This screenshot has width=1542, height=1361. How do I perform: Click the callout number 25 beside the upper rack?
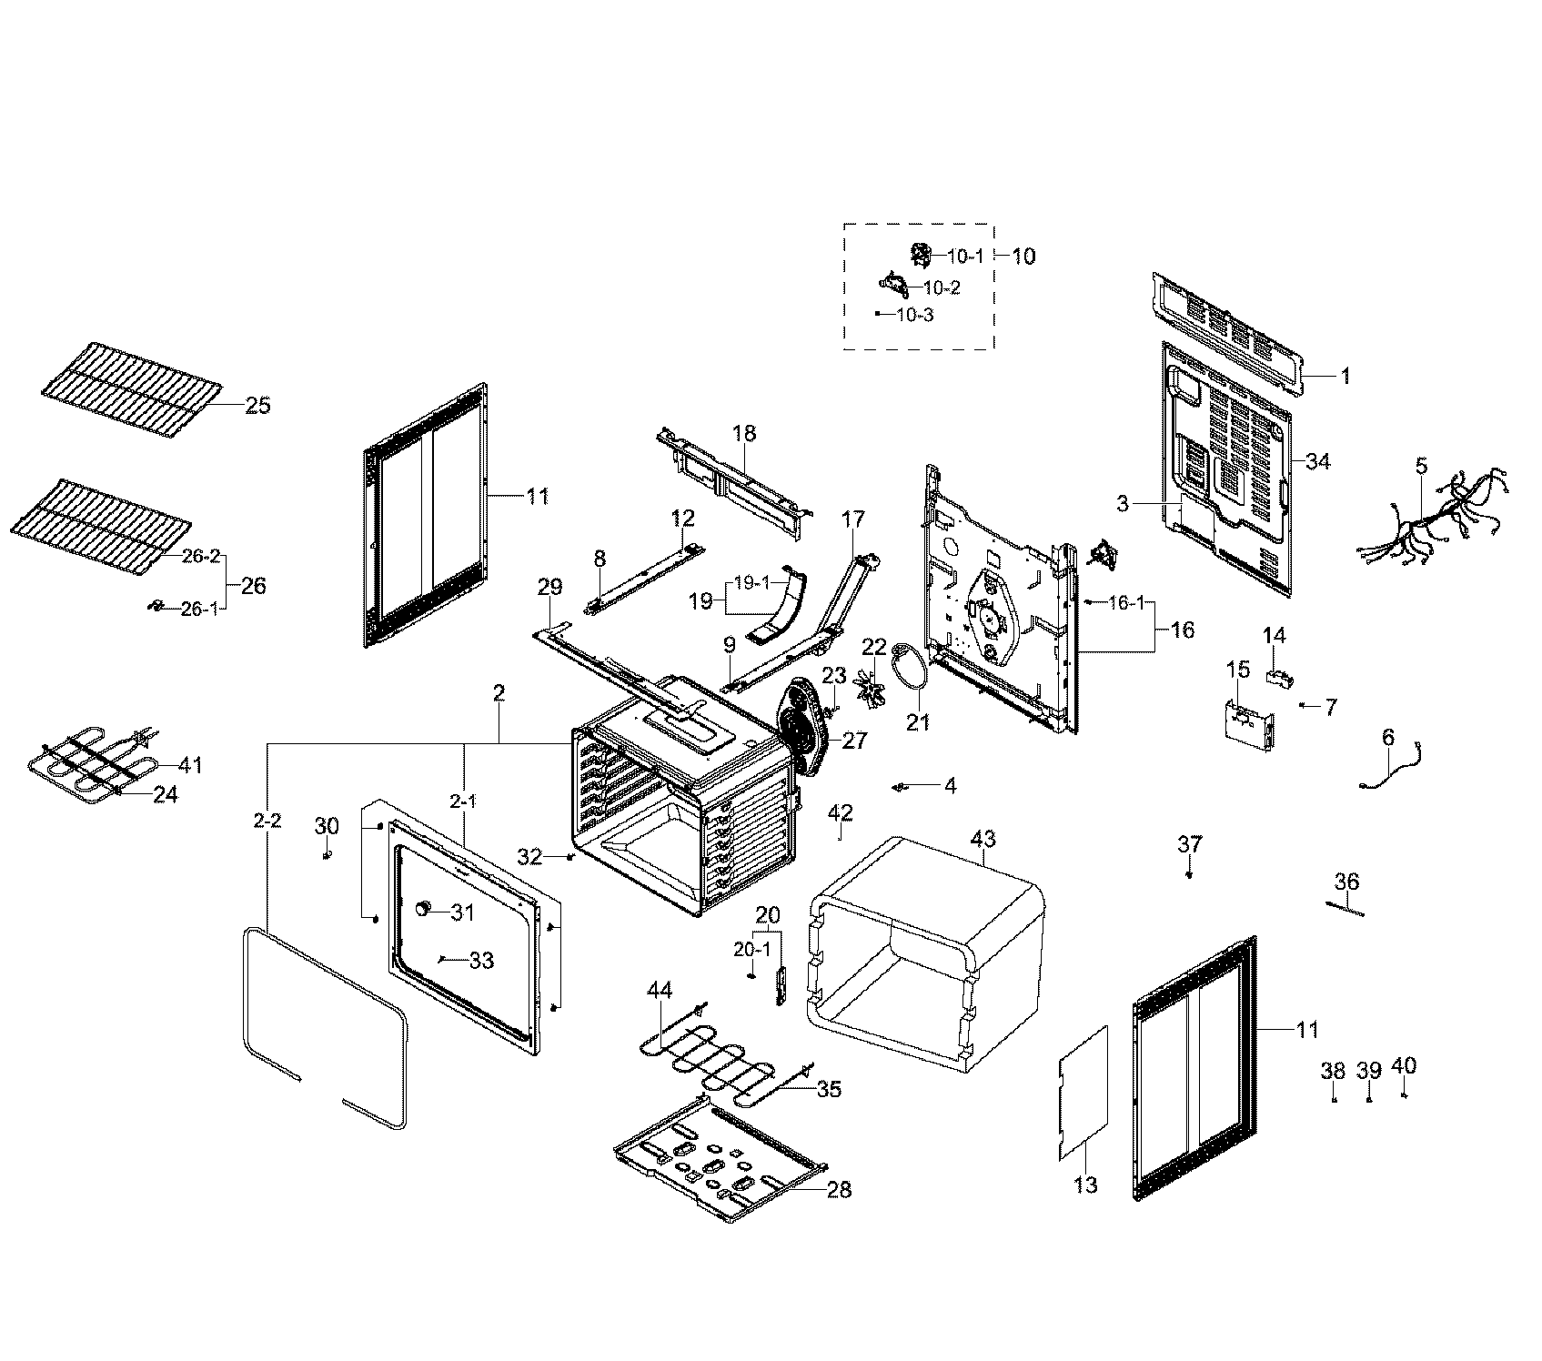(x=257, y=406)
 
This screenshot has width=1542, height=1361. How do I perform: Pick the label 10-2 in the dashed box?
(x=942, y=287)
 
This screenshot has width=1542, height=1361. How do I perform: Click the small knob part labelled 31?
(x=423, y=909)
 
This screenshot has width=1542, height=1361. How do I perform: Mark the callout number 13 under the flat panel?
(x=1086, y=1185)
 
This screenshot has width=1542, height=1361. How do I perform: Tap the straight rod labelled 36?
(x=1345, y=907)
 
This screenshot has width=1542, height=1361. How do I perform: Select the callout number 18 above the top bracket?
(x=744, y=433)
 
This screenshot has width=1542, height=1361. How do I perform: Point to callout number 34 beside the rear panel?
(x=1317, y=462)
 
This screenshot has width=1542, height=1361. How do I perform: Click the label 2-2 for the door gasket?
(x=267, y=821)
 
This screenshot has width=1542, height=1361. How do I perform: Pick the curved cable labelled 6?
(x=1392, y=769)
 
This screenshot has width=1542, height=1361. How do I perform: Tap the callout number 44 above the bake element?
(x=660, y=990)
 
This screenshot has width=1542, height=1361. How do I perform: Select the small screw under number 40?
(x=1405, y=1097)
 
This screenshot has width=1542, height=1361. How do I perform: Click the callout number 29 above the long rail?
(x=549, y=588)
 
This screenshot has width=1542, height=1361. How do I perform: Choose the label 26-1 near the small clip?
(x=199, y=610)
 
